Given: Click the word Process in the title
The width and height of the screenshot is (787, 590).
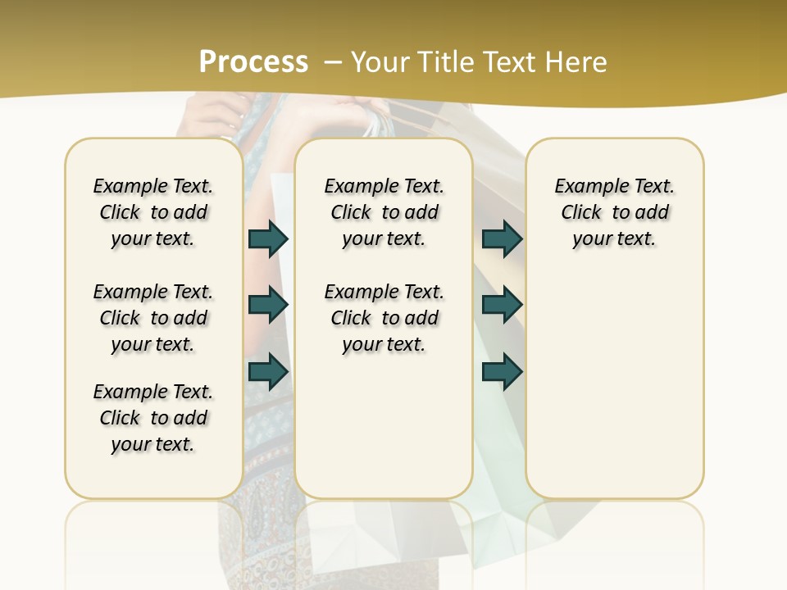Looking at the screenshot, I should pos(253,62).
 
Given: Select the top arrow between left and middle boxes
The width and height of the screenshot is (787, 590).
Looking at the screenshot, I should pos(268,238).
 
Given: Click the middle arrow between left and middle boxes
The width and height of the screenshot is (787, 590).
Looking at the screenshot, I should pos(268,305).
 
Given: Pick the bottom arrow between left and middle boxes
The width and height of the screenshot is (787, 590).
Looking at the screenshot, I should pos(268,371).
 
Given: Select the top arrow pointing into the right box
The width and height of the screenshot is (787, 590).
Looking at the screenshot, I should pos(502,238).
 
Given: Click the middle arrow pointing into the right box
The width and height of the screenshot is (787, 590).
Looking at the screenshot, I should pos(502,305).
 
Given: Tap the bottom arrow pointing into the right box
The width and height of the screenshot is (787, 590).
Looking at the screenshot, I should pos(502,371).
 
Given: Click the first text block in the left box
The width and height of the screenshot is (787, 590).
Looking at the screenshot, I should pos(153,212).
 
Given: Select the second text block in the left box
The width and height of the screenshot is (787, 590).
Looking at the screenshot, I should pos(153,318).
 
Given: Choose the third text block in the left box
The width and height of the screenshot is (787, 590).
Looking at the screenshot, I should pos(153,418).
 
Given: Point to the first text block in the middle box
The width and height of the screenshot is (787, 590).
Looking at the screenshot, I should pos(384,212).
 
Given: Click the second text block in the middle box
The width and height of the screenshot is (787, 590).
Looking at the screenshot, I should pos(384,318).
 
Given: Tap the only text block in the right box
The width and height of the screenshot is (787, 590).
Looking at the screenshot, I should pos(614,212).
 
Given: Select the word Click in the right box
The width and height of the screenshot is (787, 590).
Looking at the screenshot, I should pos(581,212).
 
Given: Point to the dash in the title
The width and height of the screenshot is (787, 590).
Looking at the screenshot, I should pos(333,62).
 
